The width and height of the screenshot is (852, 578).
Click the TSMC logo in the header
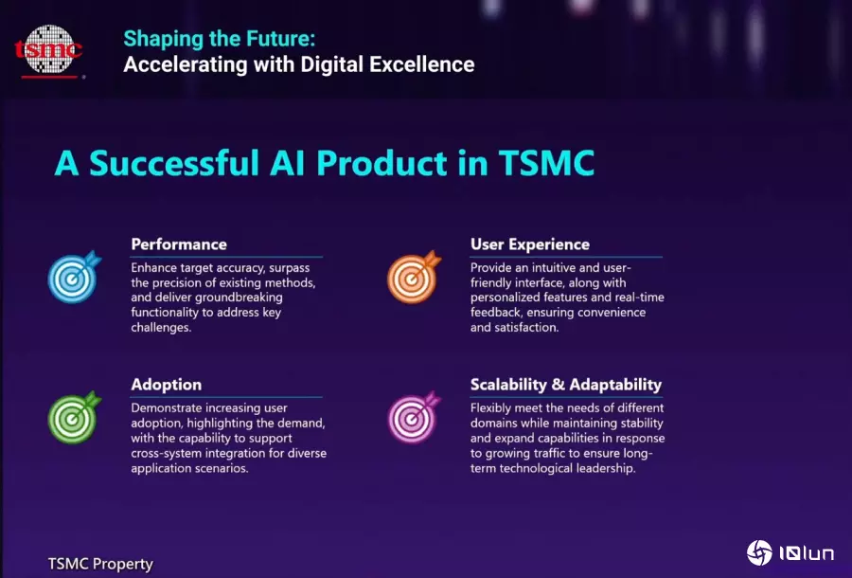click(49, 50)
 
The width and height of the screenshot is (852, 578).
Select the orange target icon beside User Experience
click(414, 277)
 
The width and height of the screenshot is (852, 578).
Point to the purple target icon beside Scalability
click(414, 417)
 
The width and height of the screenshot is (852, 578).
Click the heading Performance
click(179, 244)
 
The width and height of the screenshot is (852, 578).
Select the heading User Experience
click(530, 244)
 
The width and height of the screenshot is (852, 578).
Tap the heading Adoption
click(167, 385)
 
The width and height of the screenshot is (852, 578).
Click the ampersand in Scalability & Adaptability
click(558, 385)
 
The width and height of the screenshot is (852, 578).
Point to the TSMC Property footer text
click(100, 564)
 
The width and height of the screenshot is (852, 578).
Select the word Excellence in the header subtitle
click(422, 64)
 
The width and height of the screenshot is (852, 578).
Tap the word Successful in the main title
click(174, 163)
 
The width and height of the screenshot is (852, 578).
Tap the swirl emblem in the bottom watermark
click(759, 553)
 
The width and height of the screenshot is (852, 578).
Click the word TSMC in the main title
click(546, 163)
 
